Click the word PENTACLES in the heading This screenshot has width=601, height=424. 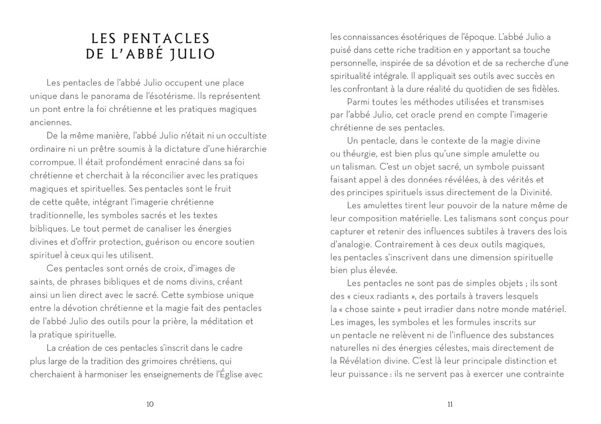[x=166, y=38]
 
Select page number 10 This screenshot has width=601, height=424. [x=150, y=404]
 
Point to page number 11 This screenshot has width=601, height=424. [x=450, y=404]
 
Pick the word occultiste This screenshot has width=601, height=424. [x=245, y=135]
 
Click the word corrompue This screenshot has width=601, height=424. [x=52, y=162]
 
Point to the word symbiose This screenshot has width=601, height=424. [x=204, y=295]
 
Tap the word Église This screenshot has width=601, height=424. [x=231, y=374]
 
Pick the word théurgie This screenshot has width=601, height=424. [x=357, y=154]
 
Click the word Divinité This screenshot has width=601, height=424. [x=536, y=192]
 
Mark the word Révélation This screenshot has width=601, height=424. [x=362, y=361]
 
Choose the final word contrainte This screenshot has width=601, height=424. [x=543, y=374]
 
